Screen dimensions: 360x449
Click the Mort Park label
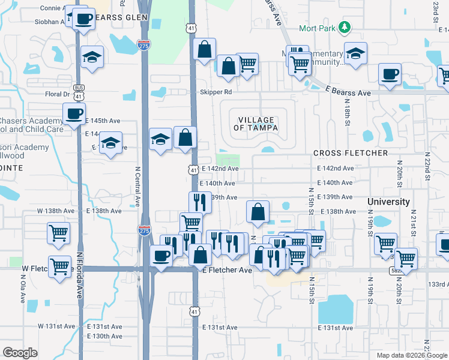tap(318, 28)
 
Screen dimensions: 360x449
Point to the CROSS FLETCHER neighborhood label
tap(351, 153)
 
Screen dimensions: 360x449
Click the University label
tap(388, 202)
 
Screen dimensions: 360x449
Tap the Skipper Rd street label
tap(215, 92)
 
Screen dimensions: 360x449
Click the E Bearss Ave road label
tap(348, 93)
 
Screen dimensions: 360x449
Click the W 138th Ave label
tap(55, 211)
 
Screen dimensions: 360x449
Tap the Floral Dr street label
tap(58, 94)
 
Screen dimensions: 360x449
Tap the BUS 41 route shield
tap(79, 91)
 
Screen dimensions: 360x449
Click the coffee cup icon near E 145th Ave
tap(74, 113)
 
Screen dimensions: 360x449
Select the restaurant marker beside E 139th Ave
tap(200, 202)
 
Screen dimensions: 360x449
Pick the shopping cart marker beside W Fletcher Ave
tap(59, 265)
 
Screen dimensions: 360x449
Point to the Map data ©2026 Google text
tap(411, 355)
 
